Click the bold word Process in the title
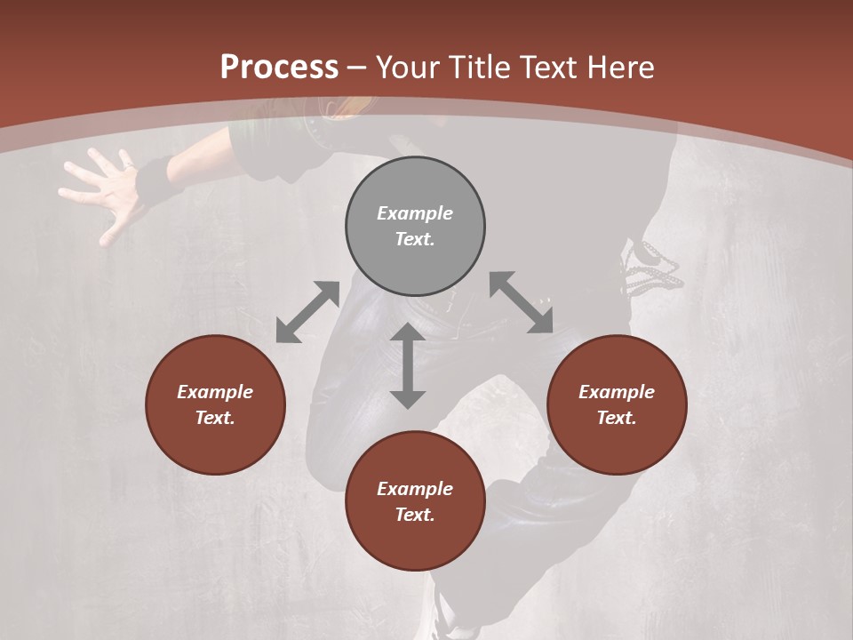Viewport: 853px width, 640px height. (279, 68)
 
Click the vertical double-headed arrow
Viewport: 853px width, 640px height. (407, 365)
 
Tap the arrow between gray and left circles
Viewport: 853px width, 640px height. (307, 312)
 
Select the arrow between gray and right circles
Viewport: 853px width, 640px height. (521, 302)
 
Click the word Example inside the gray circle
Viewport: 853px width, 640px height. (415, 213)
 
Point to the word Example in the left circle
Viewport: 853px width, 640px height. (215, 392)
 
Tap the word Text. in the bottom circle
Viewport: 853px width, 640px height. (415, 515)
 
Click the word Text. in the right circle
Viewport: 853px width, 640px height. (616, 418)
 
